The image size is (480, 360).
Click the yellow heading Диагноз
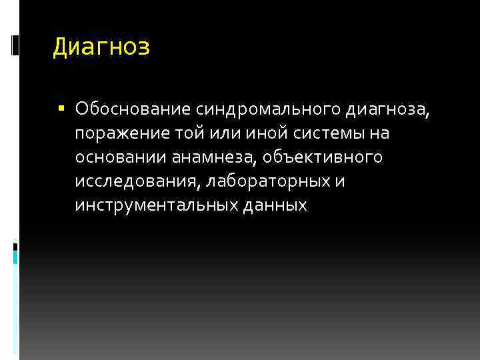point(101,47)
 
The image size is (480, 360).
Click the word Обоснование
point(133,109)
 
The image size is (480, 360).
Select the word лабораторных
point(269,181)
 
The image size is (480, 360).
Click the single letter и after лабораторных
point(340,182)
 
